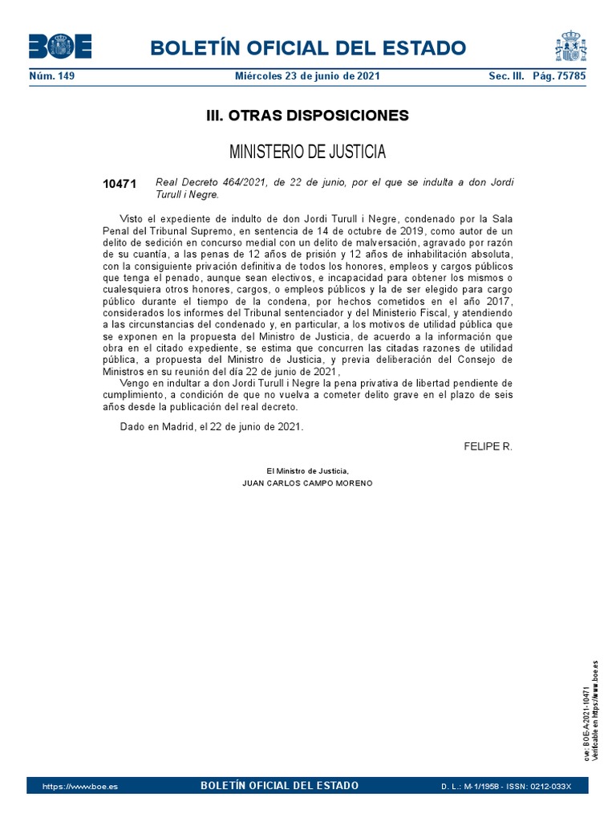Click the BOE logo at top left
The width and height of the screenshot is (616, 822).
pos(60,47)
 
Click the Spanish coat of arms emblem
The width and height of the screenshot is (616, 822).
pos(570,46)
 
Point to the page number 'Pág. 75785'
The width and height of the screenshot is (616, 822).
pos(559,76)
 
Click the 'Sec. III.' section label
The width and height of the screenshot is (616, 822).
pos(505,76)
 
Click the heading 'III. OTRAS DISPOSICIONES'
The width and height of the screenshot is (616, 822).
pos(307,116)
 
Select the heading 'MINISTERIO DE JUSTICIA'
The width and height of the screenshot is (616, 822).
pos(307,152)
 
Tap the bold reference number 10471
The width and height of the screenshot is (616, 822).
pos(120,184)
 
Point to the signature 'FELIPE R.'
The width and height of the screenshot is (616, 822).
pos(488,446)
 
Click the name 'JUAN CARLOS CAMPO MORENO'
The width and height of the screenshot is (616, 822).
pos(307,483)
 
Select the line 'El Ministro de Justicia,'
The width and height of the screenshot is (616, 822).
pos(307,470)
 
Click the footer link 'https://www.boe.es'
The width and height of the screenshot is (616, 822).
pos(79,786)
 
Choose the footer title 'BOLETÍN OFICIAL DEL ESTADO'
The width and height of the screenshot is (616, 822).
pos(279,786)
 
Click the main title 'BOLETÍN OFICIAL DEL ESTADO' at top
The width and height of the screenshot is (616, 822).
pos(307,47)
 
